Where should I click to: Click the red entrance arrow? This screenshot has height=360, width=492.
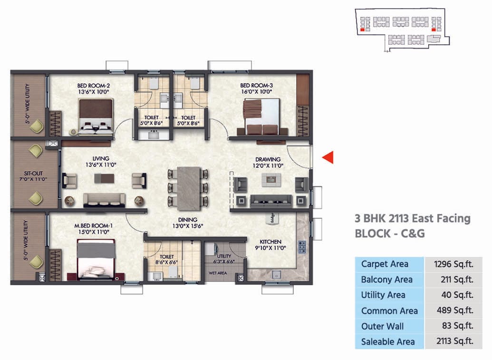[328, 157]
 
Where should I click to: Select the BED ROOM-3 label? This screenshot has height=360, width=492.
[256, 86]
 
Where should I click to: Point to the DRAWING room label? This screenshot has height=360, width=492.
[268, 159]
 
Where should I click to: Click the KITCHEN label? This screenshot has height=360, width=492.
[270, 242]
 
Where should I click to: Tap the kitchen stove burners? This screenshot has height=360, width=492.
[301, 246]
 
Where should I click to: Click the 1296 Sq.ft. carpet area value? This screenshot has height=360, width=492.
[453, 264]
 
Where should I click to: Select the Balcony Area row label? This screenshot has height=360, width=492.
[386, 280]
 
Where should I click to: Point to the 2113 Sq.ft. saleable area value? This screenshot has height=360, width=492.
[453, 341]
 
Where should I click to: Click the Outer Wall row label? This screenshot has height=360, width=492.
[382, 326]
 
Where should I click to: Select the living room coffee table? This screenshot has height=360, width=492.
[104, 178]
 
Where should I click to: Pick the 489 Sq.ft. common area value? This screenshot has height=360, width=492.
[453, 311]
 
